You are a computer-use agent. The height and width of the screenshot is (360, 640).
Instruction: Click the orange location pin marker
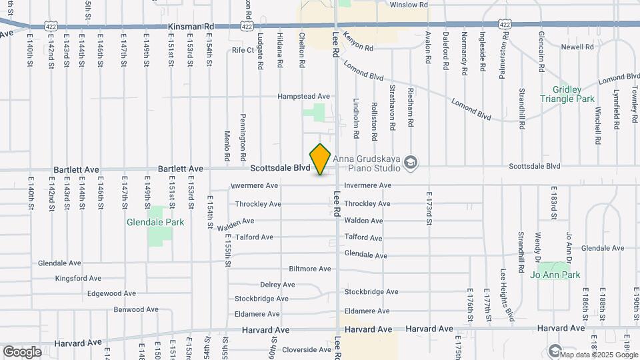tap(321, 159)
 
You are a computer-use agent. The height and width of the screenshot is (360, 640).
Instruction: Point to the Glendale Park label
tap(145, 223)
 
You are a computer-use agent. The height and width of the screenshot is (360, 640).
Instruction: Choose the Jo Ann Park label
tap(555, 275)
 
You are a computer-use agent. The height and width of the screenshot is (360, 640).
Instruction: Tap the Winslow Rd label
tap(409, 5)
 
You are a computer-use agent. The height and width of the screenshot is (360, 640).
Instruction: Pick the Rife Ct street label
tap(243, 50)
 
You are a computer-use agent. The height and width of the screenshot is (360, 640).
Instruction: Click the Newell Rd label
tap(577, 47)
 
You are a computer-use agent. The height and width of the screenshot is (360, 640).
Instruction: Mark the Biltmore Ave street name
tap(309, 269)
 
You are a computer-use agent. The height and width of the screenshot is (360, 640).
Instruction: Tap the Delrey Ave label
tap(277, 285)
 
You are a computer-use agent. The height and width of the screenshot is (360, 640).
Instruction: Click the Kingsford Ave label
tap(78, 278)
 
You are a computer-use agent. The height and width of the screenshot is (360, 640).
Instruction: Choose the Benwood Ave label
tap(135, 309)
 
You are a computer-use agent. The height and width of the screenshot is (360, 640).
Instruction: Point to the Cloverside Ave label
tap(306, 349)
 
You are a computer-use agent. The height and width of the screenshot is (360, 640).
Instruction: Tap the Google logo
tap(22, 351)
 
